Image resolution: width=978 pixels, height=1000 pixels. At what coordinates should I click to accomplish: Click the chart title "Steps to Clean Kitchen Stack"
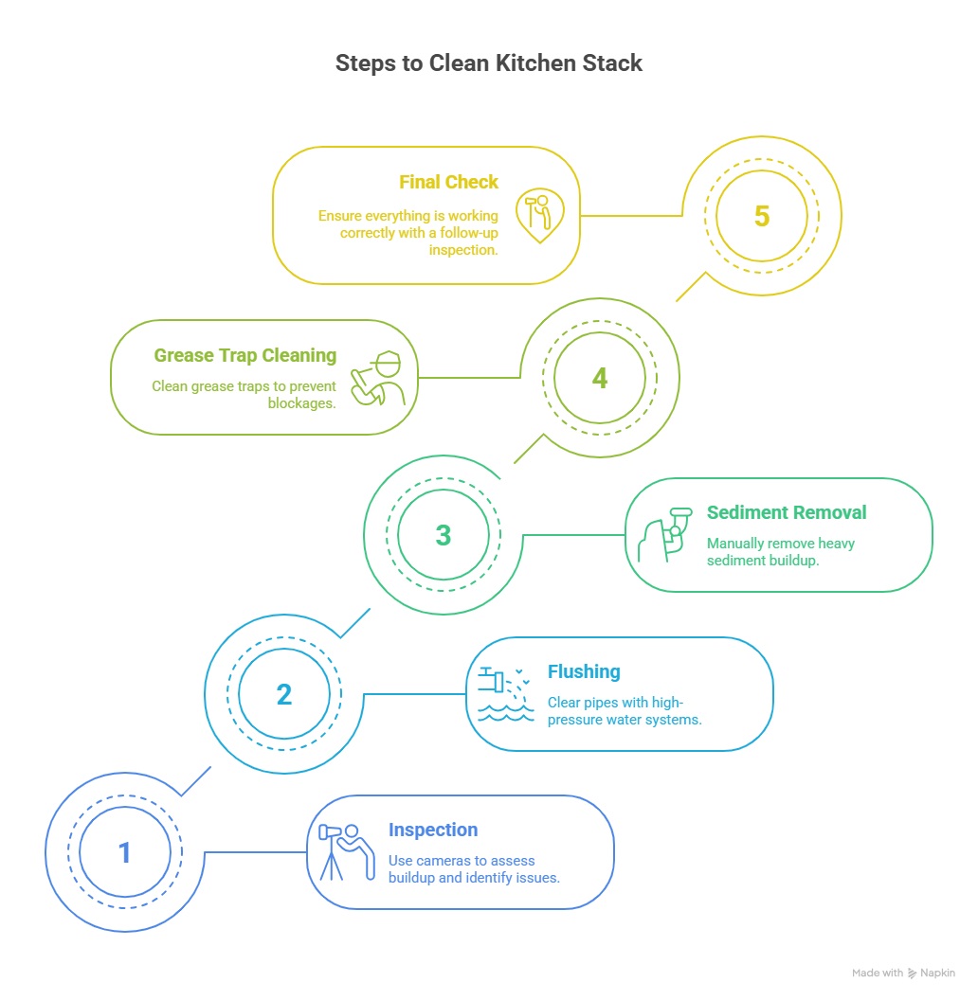click(489, 63)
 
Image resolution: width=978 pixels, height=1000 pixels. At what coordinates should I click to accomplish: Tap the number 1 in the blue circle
click(124, 853)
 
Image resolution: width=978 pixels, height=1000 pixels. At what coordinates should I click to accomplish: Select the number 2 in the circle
click(283, 695)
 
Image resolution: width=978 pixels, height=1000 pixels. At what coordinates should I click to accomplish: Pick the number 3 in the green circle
click(443, 535)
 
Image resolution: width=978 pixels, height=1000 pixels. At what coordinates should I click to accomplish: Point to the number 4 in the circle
click(599, 378)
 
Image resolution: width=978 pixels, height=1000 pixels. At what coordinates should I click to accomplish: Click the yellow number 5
click(761, 216)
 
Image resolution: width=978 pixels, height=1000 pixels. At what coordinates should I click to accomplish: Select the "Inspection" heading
click(433, 830)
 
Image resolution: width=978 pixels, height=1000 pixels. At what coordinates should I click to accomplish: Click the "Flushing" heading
click(584, 671)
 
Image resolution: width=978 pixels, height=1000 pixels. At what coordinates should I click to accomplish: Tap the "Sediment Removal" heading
click(787, 512)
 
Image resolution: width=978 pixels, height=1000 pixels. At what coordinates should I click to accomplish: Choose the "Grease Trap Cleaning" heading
click(245, 355)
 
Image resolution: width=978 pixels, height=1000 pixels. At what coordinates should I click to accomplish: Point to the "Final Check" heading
click(448, 183)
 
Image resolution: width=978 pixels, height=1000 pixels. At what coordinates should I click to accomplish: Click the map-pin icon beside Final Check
click(539, 214)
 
